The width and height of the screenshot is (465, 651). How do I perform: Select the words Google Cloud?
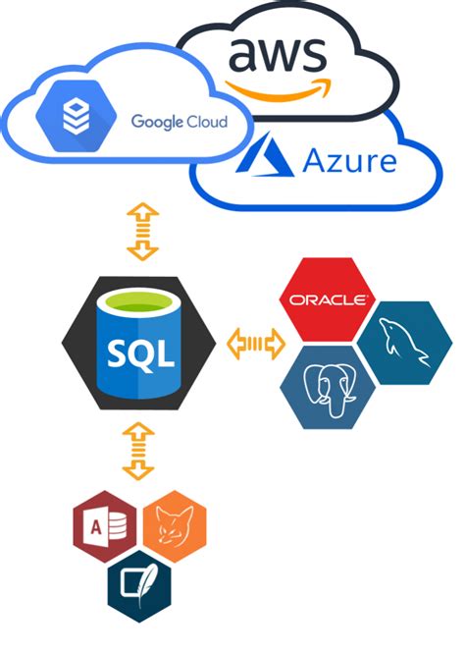(179, 122)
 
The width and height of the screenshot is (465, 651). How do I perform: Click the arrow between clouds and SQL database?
(143, 232)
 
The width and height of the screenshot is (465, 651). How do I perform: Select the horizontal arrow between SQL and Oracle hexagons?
(255, 345)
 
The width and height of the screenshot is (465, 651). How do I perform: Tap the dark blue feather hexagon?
(139, 584)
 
